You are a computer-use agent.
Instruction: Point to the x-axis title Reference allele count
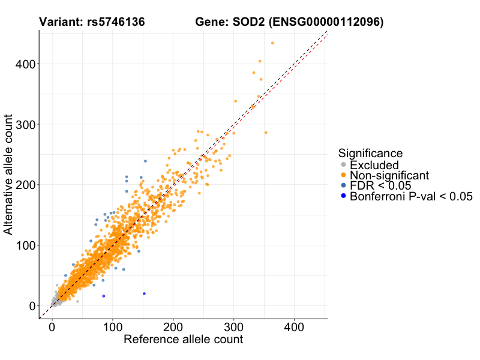pos(183,340)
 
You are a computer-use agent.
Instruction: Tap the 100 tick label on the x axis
pos(112,328)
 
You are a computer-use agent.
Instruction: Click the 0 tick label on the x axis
pos(52,328)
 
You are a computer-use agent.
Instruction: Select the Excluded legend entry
pos(374,165)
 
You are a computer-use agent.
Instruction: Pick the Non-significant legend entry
pos(389,175)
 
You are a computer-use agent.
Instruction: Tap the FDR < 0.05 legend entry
pos(380,185)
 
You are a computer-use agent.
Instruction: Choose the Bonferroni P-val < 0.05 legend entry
pos(412,196)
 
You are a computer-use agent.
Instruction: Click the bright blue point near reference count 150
pos(144,293)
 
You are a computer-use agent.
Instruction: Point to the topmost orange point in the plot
pos(272,43)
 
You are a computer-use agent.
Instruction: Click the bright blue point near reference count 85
pos(103,296)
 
